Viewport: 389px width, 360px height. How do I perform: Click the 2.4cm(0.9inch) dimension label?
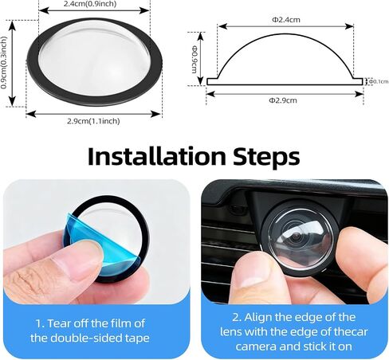90,4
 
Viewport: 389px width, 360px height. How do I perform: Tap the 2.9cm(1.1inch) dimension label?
93,121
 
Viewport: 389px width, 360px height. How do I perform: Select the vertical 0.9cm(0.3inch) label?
3,63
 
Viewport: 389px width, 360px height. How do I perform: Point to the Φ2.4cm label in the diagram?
286,20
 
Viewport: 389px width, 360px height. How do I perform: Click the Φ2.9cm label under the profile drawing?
283,100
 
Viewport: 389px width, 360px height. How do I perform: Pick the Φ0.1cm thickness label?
379,81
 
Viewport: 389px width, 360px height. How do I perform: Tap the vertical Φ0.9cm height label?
194,59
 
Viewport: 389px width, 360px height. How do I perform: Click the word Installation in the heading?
157,156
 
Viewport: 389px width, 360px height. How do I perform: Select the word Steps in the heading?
266,158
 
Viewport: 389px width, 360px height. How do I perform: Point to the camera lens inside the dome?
297,236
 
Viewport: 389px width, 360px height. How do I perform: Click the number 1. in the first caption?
40,323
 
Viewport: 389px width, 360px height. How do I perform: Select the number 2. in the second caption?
237,317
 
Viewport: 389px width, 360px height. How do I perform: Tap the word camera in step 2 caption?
256,346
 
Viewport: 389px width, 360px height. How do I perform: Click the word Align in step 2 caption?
257,318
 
